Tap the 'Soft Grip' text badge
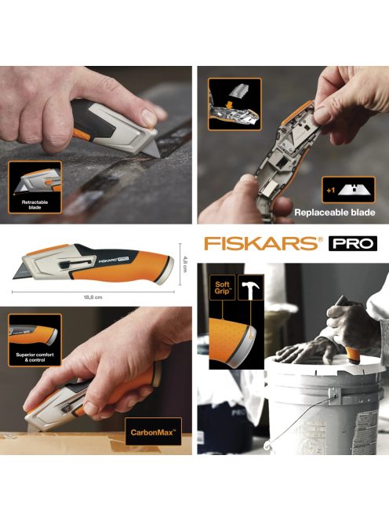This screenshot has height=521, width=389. coord(222,287)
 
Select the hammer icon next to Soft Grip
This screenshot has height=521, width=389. coord(250,288)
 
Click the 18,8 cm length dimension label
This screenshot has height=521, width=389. coord(93,297)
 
